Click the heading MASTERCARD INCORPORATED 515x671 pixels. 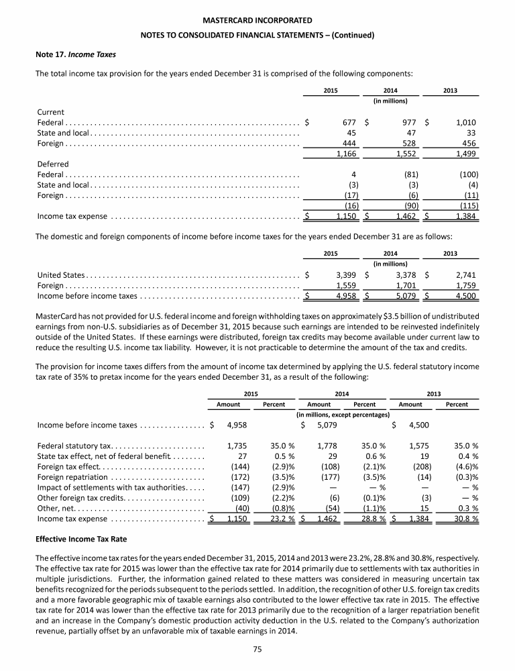(x=257, y=21)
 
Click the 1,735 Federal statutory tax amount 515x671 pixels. (x=237, y=445)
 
